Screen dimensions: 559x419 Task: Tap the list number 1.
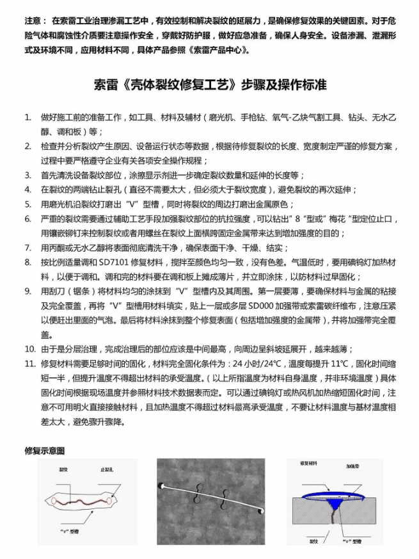(28, 117)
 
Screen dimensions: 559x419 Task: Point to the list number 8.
(28, 262)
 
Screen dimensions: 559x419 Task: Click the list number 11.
(29, 364)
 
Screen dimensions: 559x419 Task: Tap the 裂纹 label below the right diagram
(314, 541)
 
